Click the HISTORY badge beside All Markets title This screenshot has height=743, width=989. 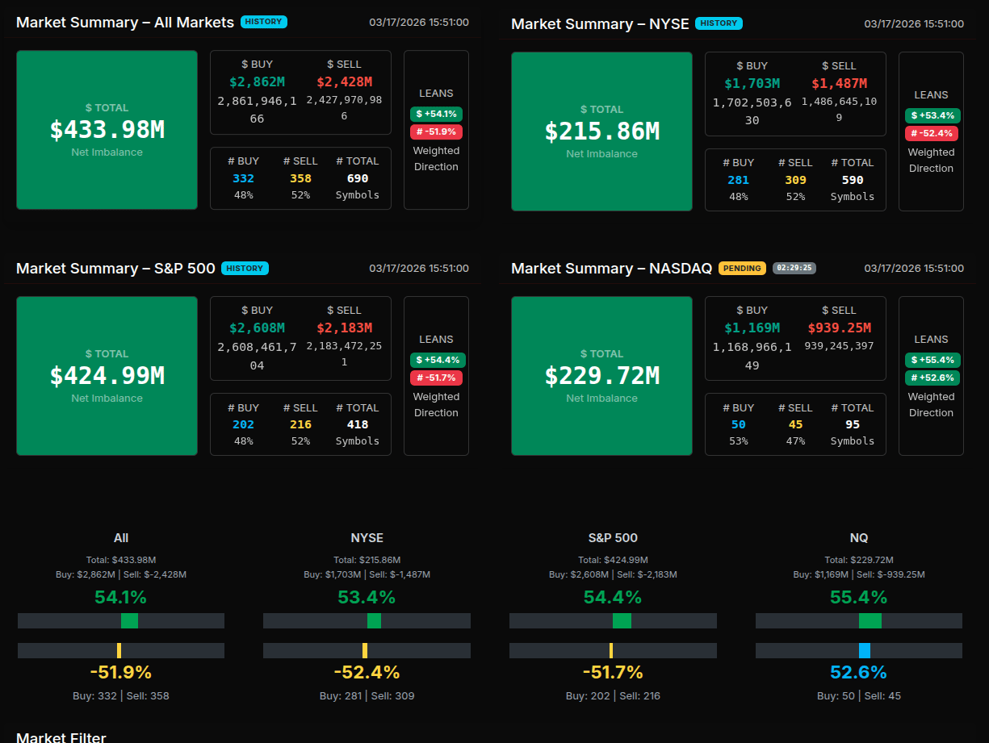(263, 22)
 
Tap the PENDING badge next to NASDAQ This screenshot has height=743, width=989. (741, 268)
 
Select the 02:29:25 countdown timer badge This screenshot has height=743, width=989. (794, 268)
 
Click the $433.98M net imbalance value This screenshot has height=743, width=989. (107, 130)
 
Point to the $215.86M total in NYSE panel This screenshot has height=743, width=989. (601, 131)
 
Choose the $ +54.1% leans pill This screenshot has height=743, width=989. (437, 114)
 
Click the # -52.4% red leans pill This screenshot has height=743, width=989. (932, 133)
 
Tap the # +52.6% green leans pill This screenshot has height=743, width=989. (932, 378)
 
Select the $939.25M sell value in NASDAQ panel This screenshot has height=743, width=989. (839, 328)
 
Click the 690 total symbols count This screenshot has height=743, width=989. (357, 178)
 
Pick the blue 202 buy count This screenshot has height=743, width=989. (243, 424)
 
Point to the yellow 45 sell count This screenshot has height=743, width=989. (795, 424)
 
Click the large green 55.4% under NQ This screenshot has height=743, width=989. (858, 598)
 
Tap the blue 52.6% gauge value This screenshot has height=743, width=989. (858, 672)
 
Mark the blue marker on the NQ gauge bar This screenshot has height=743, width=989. (864, 650)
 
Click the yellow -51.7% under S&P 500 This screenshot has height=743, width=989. (612, 672)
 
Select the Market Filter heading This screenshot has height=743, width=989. (61, 737)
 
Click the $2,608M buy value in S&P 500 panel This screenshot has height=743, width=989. (257, 328)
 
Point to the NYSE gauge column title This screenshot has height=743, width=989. (367, 538)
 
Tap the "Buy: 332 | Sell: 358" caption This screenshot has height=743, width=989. (120, 695)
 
